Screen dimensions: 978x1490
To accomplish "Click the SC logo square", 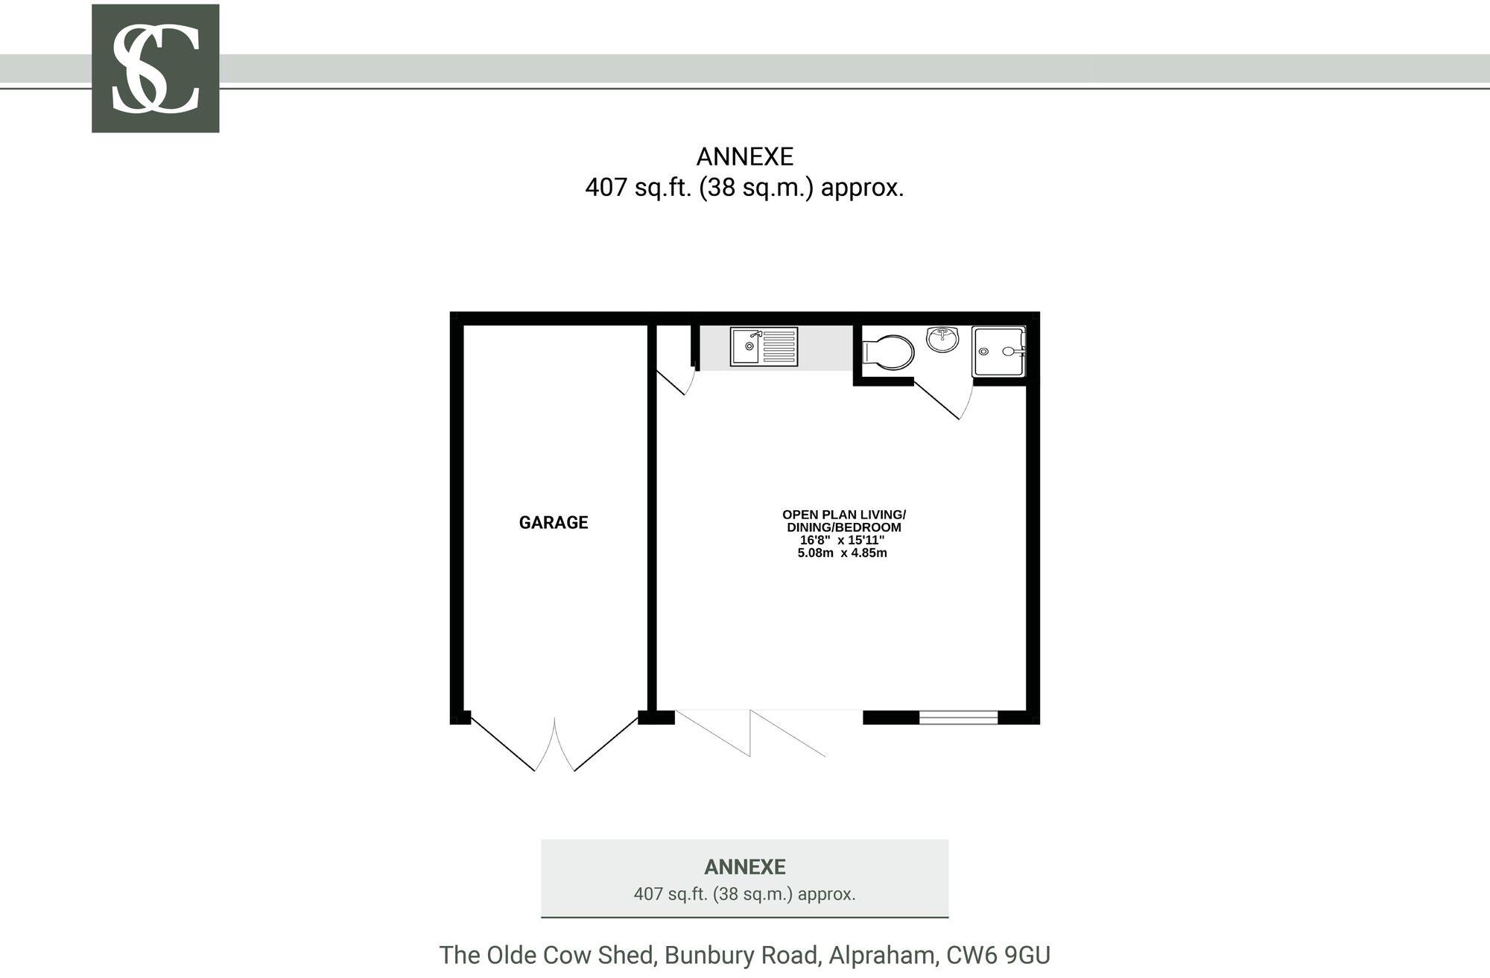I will click(155, 69).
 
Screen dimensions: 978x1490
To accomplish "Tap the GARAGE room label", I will click(554, 523).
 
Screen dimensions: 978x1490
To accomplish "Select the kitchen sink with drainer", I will click(764, 347).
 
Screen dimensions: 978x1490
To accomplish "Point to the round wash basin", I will click(942, 339).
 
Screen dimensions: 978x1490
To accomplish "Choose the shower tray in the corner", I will click(998, 352).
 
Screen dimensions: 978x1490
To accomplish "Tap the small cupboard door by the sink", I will click(676, 381).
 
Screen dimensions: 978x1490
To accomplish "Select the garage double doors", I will click(554, 745).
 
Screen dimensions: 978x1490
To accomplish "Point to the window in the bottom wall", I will click(958, 717).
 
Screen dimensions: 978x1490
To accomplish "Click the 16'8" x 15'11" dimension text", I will click(842, 540).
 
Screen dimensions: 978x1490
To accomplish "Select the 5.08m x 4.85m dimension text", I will click(842, 553).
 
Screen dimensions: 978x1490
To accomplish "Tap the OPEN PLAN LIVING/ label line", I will click(843, 515).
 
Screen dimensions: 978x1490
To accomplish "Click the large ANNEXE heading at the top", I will click(744, 157).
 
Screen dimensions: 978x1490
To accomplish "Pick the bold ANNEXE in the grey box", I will click(744, 867).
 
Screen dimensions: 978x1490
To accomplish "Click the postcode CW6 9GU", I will click(998, 955).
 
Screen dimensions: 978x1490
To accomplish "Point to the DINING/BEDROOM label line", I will click(843, 527).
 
